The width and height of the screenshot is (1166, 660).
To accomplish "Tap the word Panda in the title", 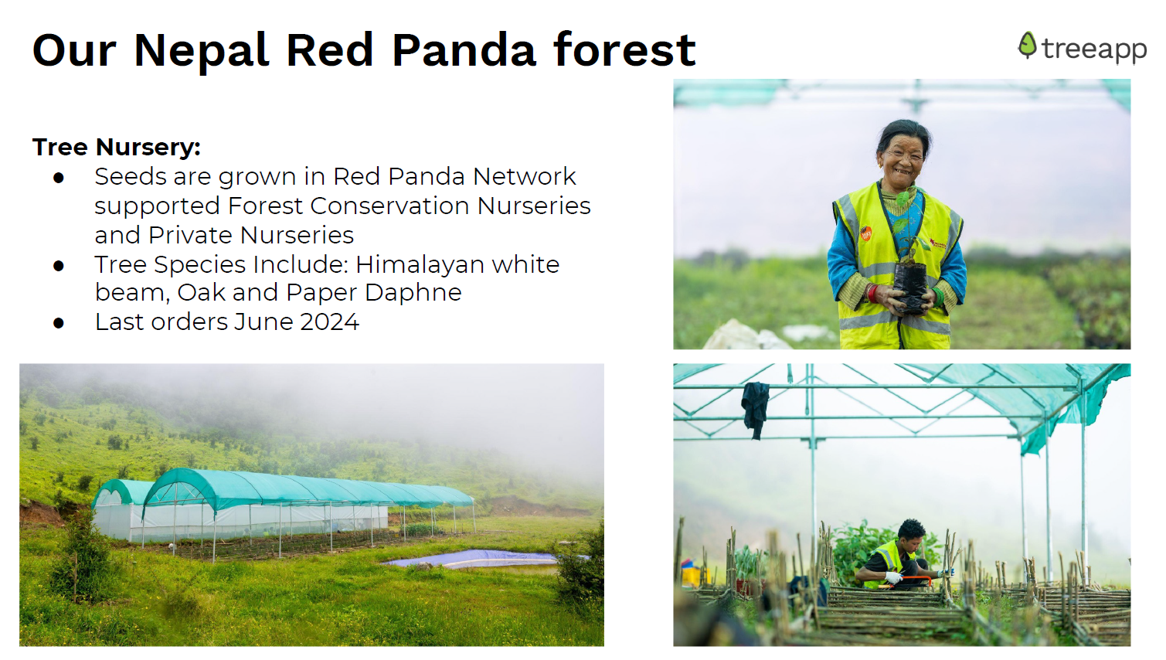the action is click(x=464, y=50).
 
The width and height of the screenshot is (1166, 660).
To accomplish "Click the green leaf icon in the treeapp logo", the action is click(x=1027, y=46).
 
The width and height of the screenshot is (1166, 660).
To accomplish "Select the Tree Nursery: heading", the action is click(x=116, y=147).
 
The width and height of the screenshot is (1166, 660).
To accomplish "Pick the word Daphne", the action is click(x=413, y=293).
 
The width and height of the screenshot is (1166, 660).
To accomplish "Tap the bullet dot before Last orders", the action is click(x=58, y=323).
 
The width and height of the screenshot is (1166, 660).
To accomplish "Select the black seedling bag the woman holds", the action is click(x=910, y=287).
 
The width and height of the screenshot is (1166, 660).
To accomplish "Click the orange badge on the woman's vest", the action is click(x=866, y=233).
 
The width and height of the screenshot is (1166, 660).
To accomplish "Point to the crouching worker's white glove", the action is click(x=894, y=577).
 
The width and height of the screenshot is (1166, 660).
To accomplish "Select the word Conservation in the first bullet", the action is click(x=390, y=206).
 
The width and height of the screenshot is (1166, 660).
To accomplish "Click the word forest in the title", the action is click(x=624, y=50).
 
